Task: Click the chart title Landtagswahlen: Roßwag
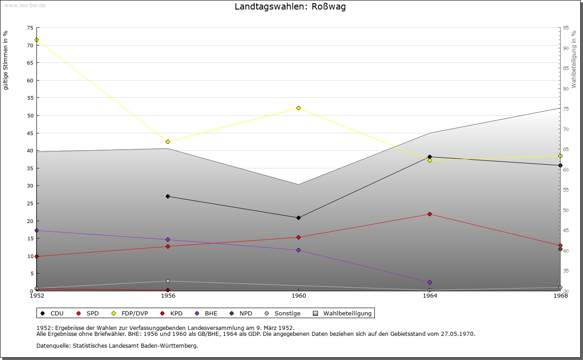[290, 7]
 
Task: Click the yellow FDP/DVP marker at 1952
[36, 40]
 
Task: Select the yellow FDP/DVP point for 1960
[298, 108]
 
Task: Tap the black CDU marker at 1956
[168, 196]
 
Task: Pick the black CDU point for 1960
[298, 218]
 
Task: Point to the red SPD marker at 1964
[430, 214]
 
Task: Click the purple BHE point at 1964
[430, 282]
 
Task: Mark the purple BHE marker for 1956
[168, 239]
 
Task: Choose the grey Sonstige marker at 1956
[168, 281]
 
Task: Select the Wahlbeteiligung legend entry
[347, 313]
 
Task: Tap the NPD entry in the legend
[245, 313]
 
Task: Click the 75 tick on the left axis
[30, 28]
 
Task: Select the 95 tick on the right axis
[566, 28]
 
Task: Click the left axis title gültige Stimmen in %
[6, 60]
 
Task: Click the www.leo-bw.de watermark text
[25, 5]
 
